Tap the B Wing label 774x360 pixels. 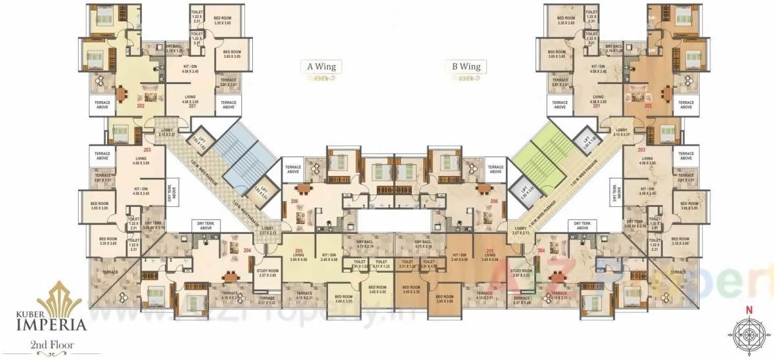click(466, 66)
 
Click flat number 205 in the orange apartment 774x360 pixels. click(489, 251)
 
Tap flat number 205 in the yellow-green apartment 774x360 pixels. click(299, 251)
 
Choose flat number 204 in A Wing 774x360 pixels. click(248, 250)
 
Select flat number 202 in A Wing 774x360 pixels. click(140, 106)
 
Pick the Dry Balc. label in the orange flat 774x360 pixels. click(424, 244)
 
